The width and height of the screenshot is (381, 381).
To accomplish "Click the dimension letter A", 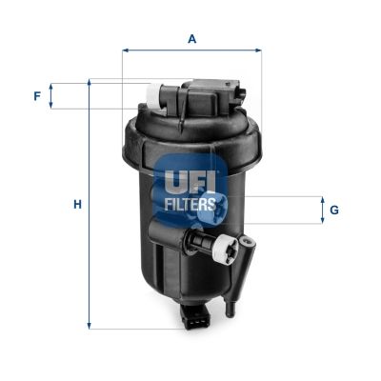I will coord(191,39).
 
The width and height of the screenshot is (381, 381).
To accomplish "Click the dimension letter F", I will coord(37,96).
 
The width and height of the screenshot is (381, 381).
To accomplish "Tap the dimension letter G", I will coord(334,210).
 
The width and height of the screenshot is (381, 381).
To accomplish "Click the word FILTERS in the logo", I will coord(191,202).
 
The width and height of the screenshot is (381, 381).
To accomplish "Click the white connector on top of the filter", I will coord(152,94).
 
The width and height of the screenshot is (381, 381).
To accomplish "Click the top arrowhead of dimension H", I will coord(90,84).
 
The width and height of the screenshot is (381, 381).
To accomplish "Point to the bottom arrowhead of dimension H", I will coord(90,327).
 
